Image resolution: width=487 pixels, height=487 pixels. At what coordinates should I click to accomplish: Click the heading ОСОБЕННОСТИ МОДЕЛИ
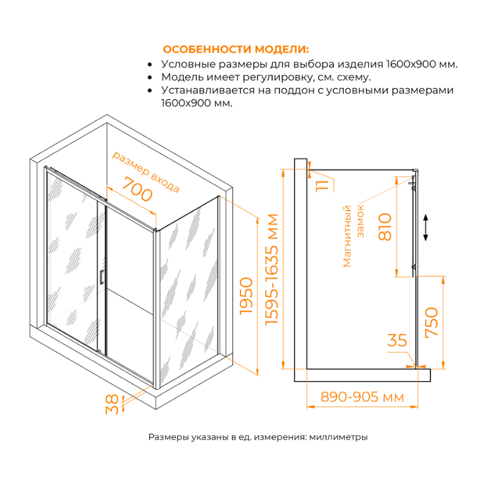235,49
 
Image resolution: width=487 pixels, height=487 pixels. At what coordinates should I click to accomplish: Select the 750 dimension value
431,323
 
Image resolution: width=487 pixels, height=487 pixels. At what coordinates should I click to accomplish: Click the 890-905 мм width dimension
363,397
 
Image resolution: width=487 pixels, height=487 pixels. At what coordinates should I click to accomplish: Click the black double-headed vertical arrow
426,227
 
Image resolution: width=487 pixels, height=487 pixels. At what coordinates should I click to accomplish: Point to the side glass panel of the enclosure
189,286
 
